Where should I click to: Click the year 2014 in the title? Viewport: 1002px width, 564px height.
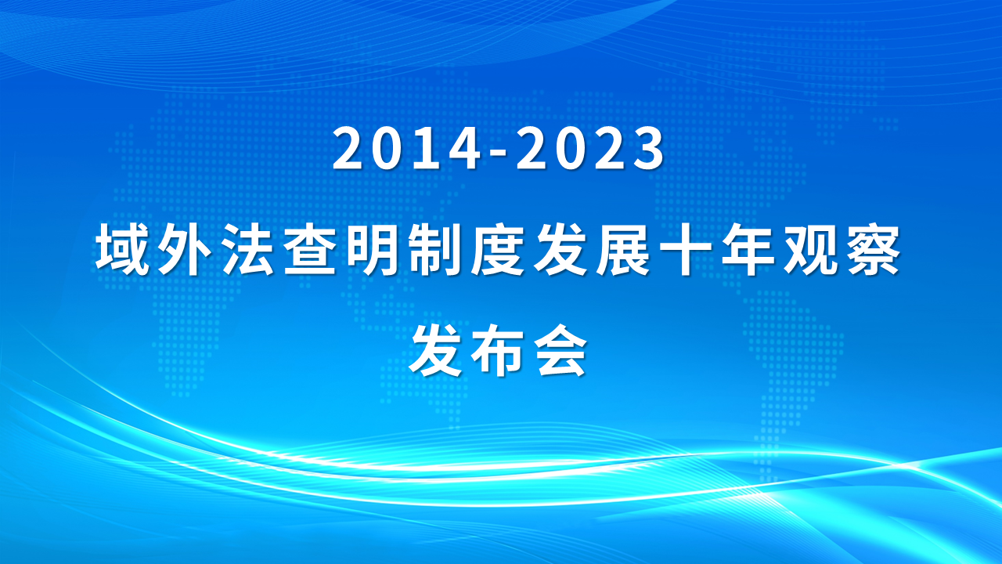tap(406, 149)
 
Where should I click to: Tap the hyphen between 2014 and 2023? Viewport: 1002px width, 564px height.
tap(499, 153)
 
